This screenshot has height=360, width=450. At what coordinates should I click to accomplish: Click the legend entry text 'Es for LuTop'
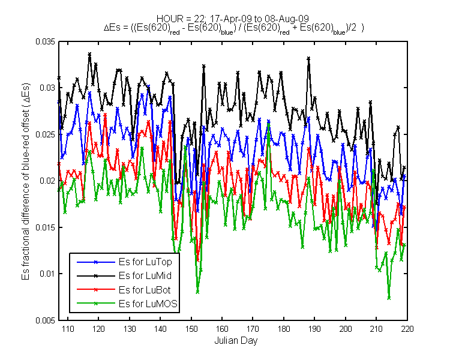145,262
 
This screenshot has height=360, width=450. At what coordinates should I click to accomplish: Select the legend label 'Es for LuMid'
145,275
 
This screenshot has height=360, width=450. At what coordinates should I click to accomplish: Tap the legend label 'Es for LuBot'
145,290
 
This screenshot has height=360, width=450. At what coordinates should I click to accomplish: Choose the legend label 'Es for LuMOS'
148,304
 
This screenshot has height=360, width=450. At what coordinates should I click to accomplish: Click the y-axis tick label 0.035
46,41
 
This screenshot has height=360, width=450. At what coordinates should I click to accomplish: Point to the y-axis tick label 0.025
46,134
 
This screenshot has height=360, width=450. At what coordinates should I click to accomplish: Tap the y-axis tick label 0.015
46,227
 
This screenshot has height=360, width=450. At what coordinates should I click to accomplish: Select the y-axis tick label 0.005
46,320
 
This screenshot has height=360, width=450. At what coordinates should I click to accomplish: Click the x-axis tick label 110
68,329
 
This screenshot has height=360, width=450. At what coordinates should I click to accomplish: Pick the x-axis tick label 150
191,329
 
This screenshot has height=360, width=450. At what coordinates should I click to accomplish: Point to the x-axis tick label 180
284,329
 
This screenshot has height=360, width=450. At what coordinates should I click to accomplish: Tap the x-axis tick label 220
407,329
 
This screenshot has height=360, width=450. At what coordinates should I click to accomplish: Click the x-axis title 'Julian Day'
236,341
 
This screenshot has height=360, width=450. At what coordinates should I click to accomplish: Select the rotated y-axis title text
26,182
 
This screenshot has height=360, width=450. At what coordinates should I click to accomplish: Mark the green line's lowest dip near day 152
197,292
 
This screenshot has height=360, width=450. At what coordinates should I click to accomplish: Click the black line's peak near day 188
309,58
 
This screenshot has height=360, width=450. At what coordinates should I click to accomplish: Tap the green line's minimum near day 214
389,298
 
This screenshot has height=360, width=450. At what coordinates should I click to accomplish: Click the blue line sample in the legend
96,262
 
